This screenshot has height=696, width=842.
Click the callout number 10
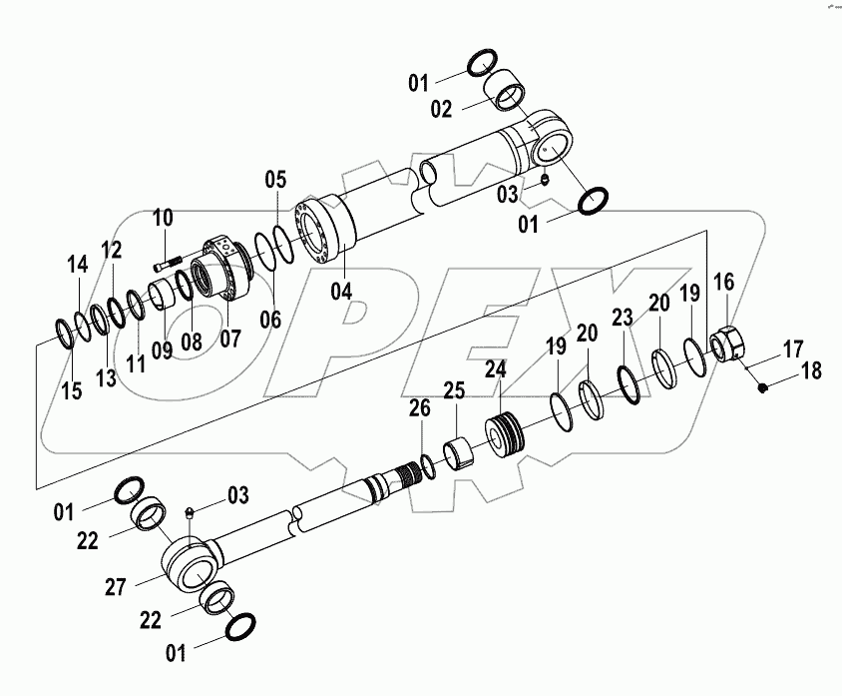pyautogui.click(x=163, y=217)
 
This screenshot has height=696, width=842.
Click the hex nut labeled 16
pyautogui.click(x=728, y=347)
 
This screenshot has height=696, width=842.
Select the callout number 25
pyautogui.click(x=454, y=389)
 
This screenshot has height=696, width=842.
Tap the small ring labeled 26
pyautogui.click(x=426, y=463)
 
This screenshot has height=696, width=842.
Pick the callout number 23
pyautogui.click(x=624, y=319)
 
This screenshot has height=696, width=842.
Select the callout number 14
pyautogui.click(x=78, y=264)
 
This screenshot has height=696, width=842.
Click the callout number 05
pyautogui.click(x=275, y=180)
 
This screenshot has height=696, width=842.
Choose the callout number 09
pyautogui.click(x=162, y=349)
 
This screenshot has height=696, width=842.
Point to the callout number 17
pyautogui.click(x=791, y=348)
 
